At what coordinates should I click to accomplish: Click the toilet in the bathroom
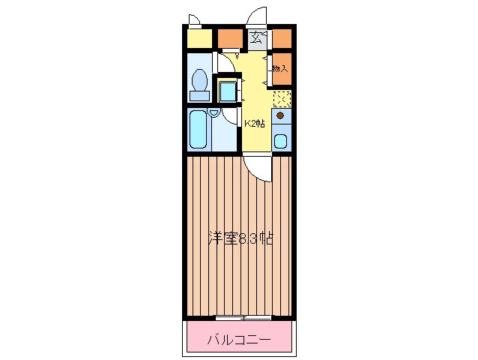199,83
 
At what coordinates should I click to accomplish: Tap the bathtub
199,130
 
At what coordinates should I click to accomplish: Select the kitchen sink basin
279,140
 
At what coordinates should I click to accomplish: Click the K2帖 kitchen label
255,124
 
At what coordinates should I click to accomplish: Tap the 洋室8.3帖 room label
240,239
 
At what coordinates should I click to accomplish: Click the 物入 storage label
279,68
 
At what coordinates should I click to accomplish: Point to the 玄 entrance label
256,37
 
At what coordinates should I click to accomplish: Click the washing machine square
227,91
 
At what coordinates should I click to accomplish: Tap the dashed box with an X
281,98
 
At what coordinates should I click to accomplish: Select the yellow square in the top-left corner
199,37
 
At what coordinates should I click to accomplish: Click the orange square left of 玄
230,37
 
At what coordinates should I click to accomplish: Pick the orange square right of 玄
282,37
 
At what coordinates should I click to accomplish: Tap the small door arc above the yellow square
194,19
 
